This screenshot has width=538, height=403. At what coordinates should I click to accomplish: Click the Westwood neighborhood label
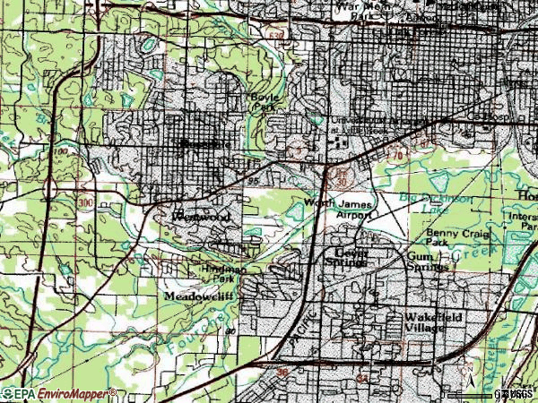coord(201,217)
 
